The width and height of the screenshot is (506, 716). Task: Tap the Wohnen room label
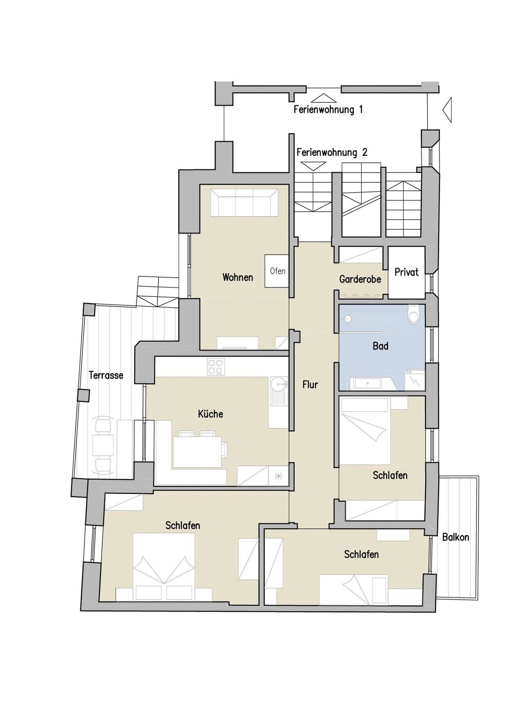tap(238, 277)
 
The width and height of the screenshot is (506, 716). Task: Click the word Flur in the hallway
tap(310, 385)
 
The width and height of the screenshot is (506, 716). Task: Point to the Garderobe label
tap(360, 279)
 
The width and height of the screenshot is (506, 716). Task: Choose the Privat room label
tap(406, 272)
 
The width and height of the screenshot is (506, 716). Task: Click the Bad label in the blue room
tap(380, 346)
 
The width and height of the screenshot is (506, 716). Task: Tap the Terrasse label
tap(106, 375)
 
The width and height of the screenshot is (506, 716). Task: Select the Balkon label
tap(456, 537)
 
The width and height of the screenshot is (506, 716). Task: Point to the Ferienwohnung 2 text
tap(332, 152)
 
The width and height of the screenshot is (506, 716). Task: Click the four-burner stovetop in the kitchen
tap(216, 366)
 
